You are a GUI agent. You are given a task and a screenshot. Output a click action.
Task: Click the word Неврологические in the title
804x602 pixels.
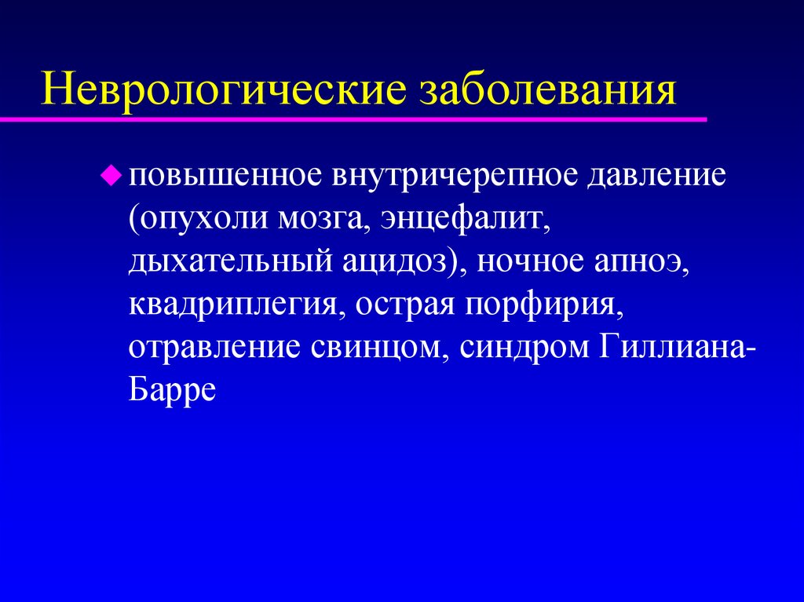(225, 88)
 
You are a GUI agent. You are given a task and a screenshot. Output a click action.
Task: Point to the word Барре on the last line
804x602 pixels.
(172, 391)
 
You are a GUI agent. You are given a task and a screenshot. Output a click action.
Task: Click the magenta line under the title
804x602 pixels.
(353, 119)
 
